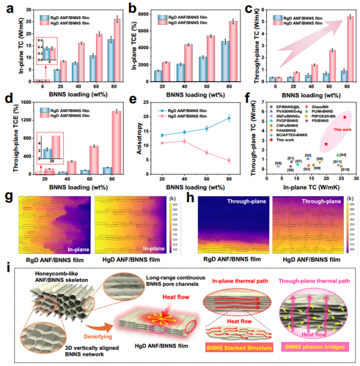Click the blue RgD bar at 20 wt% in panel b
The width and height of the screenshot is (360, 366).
tap(158, 75)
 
